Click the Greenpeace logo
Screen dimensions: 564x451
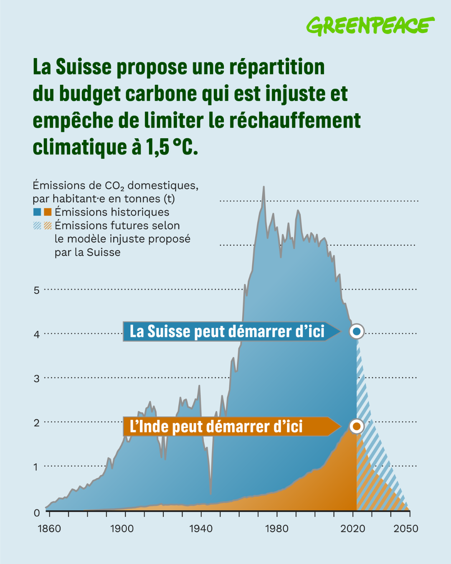pyautogui.click(x=370, y=25)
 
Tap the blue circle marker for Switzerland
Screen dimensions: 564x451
pyautogui.click(x=357, y=331)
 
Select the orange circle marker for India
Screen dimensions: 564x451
pyautogui.click(x=357, y=427)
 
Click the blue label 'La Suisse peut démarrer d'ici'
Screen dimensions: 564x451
pyautogui.click(x=227, y=331)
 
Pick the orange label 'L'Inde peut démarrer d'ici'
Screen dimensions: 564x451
pyautogui.click(x=216, y=427)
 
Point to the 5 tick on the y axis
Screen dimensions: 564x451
pyautogui.click(x=37, y=290)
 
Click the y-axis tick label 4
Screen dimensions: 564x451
pyautogui.click(x=37, y=334)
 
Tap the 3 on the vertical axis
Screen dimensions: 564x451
pyautogui.click(x=37, y=379)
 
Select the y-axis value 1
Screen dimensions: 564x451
pyautogui.click(x=37, y=467)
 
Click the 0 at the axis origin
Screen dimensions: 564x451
pyautogui.click(x=37, y=513)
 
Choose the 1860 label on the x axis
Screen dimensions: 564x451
pyautogui.click(x=49, y=529)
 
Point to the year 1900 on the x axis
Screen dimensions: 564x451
pyautogui.click(x=122, y=529)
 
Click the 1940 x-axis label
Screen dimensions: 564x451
pyautogui.click(x=201, y=529)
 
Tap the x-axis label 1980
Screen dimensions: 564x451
pyautogui.click(x=276, y=529)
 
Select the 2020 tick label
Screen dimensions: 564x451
pyautogui.click(x=353, y=529)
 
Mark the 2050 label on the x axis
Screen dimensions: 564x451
pyautogui.click(x=406, y=529)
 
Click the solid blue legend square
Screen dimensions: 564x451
pyautogui.click(x=37, y=212)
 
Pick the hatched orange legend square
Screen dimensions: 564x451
pyautogui.click(x=48, y=226)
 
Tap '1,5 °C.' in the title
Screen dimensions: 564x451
pyautogui.click(x=172, y=147)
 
